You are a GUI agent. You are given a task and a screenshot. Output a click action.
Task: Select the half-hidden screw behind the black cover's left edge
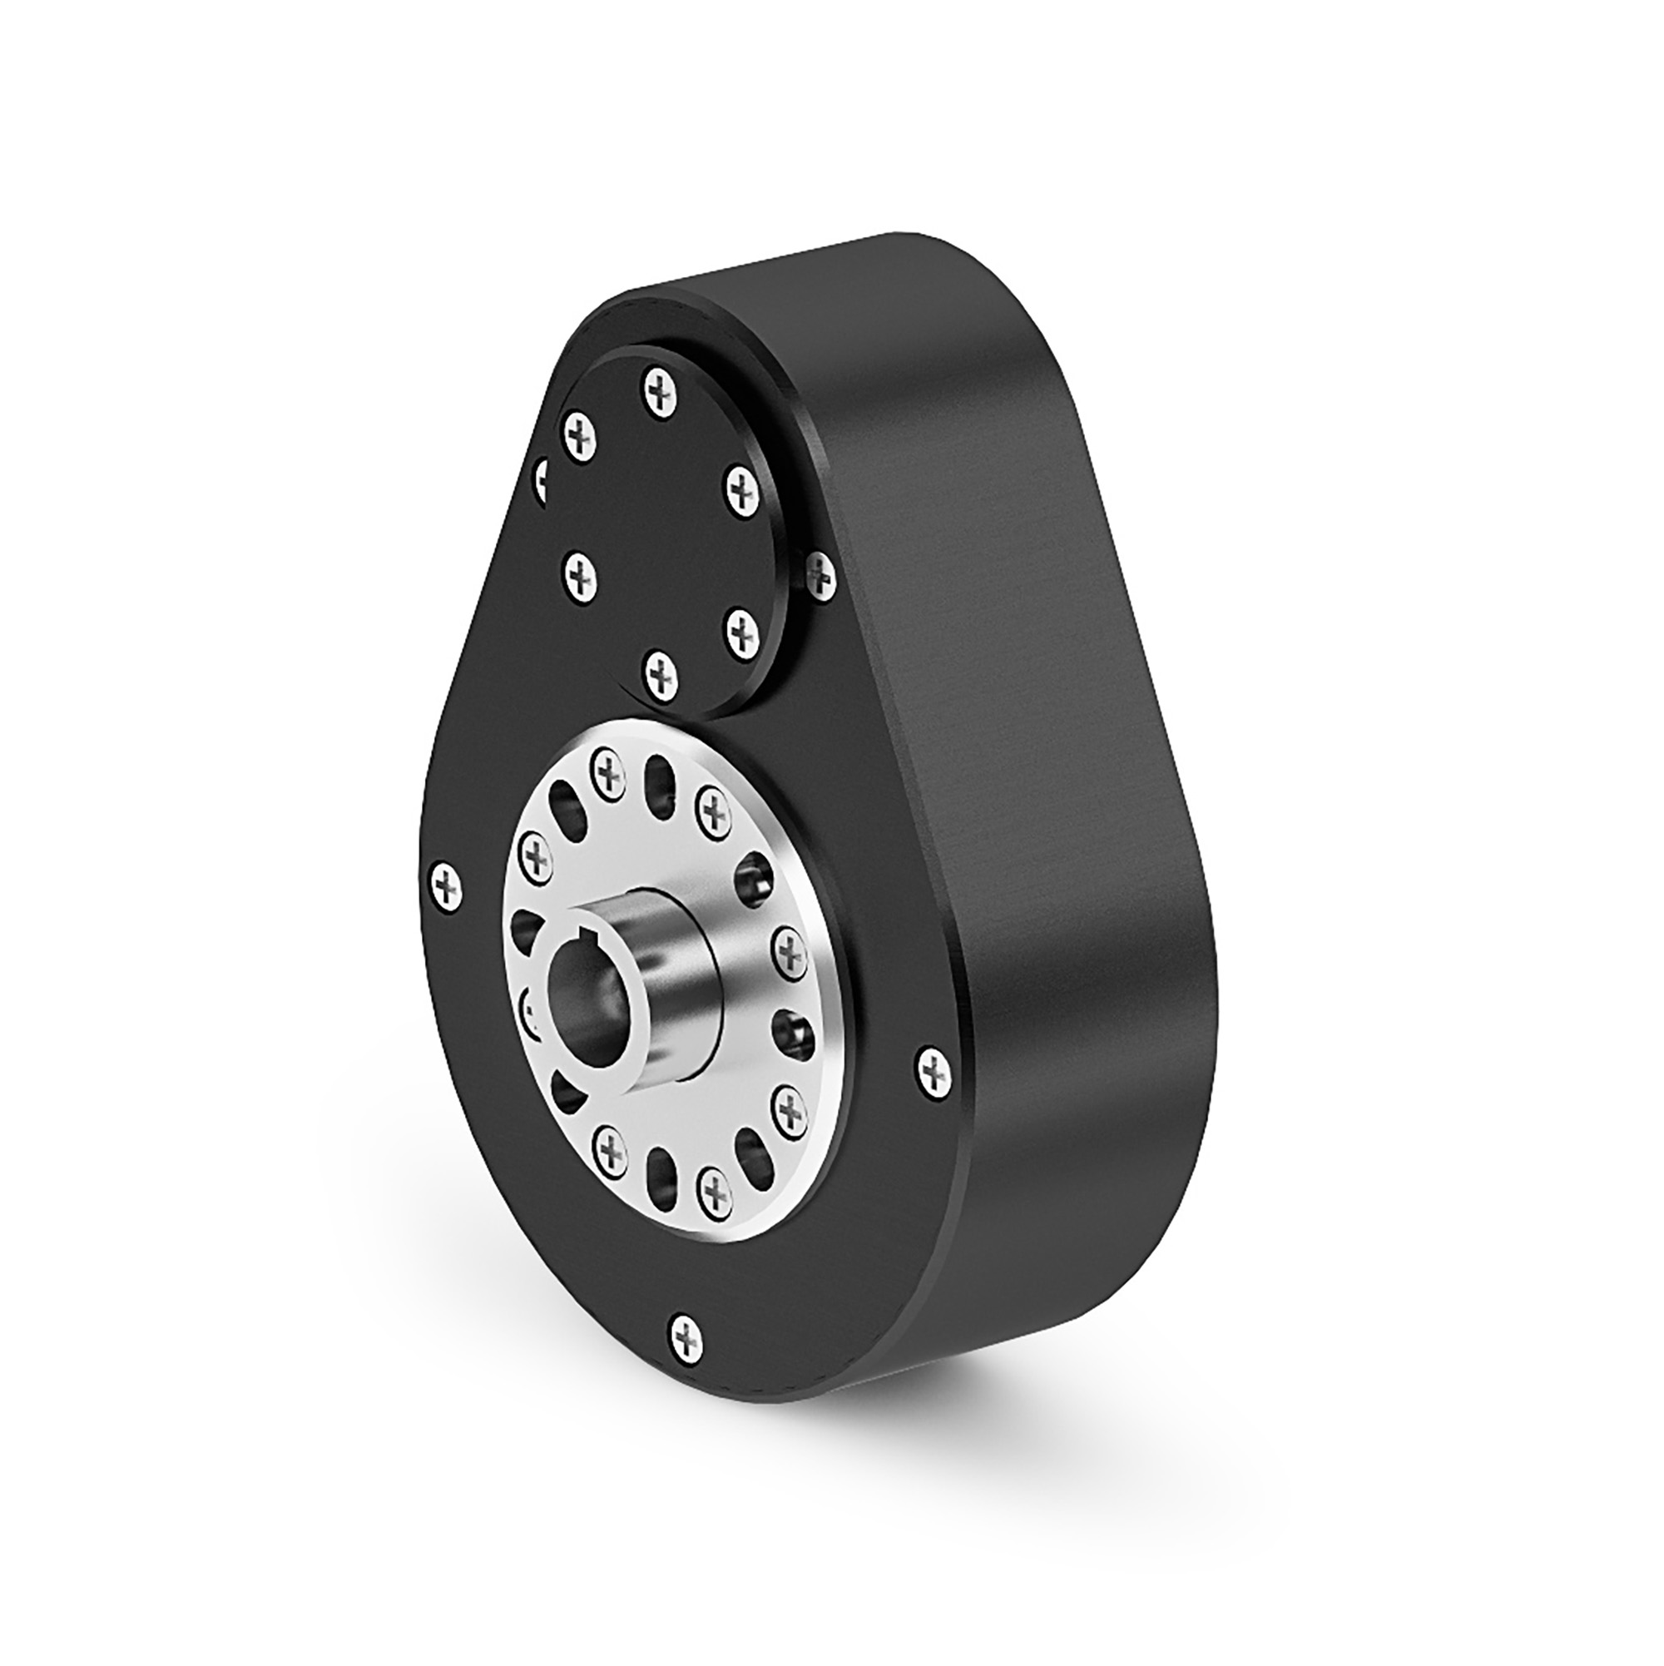pos(542,477)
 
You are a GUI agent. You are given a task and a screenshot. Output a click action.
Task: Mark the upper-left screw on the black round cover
pos(579,435)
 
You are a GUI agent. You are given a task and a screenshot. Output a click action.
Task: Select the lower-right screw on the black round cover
pos(741,632)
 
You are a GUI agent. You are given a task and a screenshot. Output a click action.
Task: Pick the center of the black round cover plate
pos(661,526)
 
